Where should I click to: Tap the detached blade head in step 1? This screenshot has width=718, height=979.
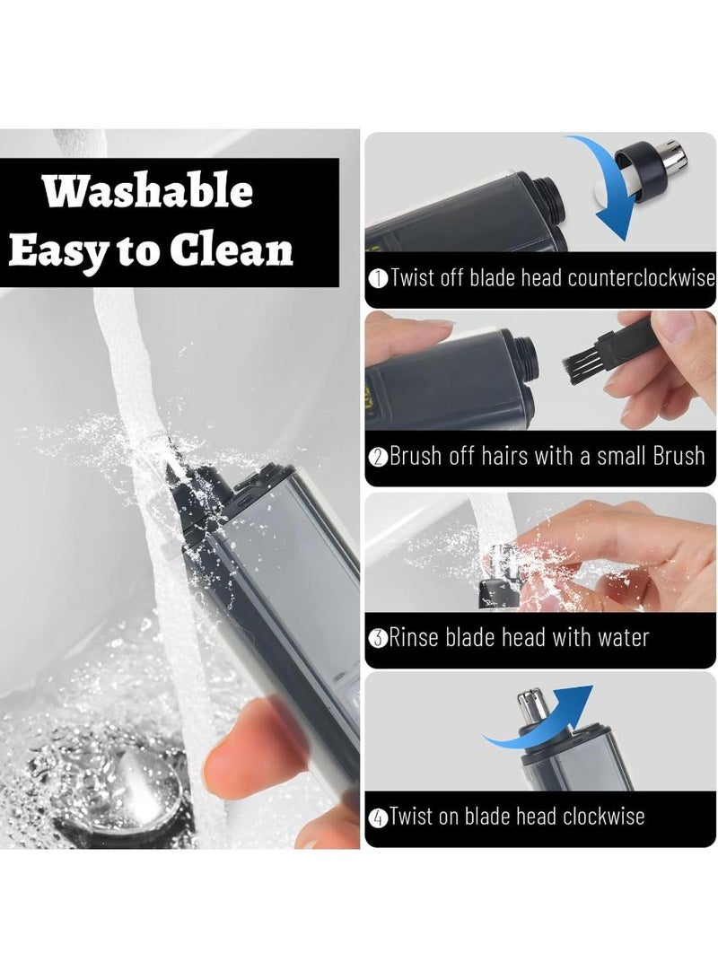point(660,166)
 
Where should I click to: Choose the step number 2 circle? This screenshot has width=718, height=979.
point(378,457)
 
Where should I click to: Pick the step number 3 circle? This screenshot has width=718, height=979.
point(378,639)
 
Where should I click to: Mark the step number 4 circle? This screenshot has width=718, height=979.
point(378,817)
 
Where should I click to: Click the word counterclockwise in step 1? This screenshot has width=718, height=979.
point(641,277)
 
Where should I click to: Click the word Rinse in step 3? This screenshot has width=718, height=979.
point(417,638)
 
